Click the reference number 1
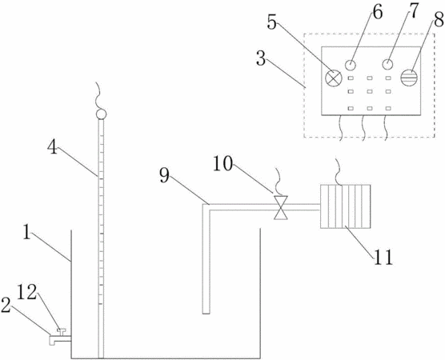(x=26, y=232)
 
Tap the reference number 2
(x=6, y=305)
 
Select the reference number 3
(x=261, y=58)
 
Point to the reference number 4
(x=52, y=147)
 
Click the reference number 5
(x=271, y=22)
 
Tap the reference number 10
(x=222, y=164)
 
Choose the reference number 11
(x=383, y=257)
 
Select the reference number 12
(x=27, y=292)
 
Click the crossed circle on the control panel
(x=333, y=78)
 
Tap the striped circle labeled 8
(x=409, y=78)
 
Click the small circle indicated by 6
(x=351, y=65)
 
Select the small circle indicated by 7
(x=387, y=64)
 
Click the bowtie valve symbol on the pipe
(x=281, y=207)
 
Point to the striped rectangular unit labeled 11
(x=346, y=206)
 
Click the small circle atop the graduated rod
(x=101, y=114)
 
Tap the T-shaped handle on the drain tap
(x=61, y=331)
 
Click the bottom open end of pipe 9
(x=206, y=313)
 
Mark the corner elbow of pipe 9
(x=206, y=207)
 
